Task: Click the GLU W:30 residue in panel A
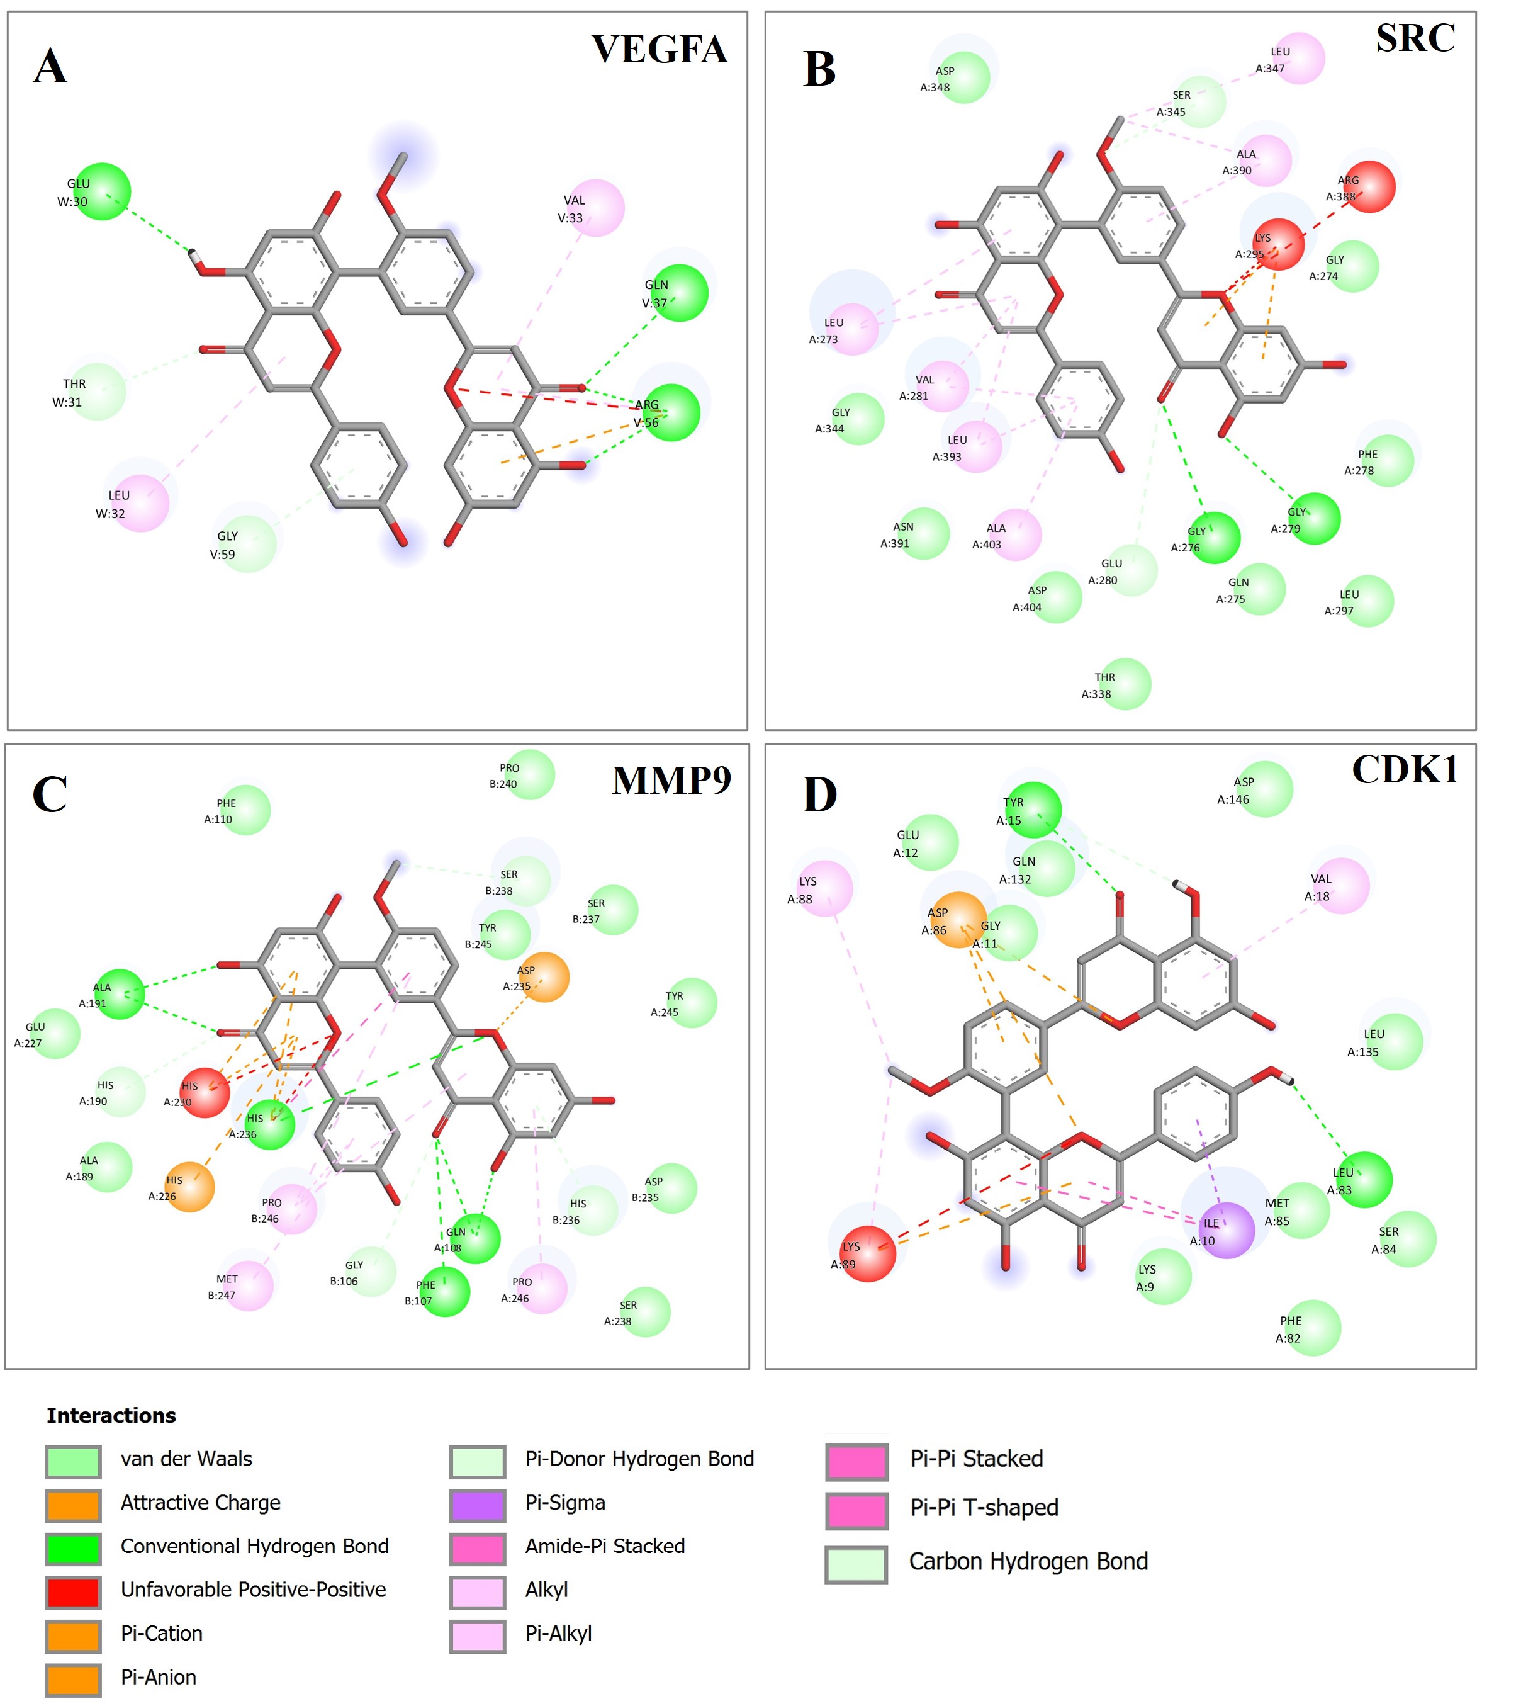click(x=102, y=192)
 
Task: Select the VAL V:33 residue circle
click(x=596, y=208)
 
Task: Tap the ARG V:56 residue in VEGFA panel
click(x=671, y=412)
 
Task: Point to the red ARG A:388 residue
click(x=1369, y=187)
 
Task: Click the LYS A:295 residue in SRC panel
click(x=1278, y=244)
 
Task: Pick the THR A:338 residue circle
click(x=1125, y=684)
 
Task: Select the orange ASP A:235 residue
click(x=544, y=978)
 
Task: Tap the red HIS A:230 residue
click(x=205, y=1093)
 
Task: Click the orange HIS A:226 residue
click(x=189, y=1187)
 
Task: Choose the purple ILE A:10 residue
click(x=1227, y=1230)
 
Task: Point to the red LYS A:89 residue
click(x=868, y=1253)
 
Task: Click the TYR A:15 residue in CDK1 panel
click(x=1033, y=810)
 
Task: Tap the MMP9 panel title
click(x=671, y=781)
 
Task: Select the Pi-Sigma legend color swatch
click(x=477, y=1502)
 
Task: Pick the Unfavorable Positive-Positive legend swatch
click(x=74, y=1590)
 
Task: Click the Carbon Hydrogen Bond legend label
click(x=1028, y=1562)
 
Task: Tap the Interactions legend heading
click(x=111, y=1416)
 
